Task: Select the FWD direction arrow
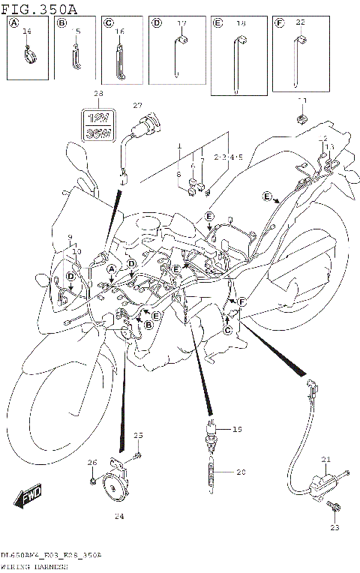point(27,496)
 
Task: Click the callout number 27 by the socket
point(137,105)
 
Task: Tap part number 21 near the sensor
point(325,459)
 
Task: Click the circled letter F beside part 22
point(280,24)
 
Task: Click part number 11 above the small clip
point(303,100)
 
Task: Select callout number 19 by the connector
point(237,430)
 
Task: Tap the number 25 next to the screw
point(137,436)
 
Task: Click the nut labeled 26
point(92,480)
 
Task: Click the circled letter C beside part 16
point(108,24)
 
